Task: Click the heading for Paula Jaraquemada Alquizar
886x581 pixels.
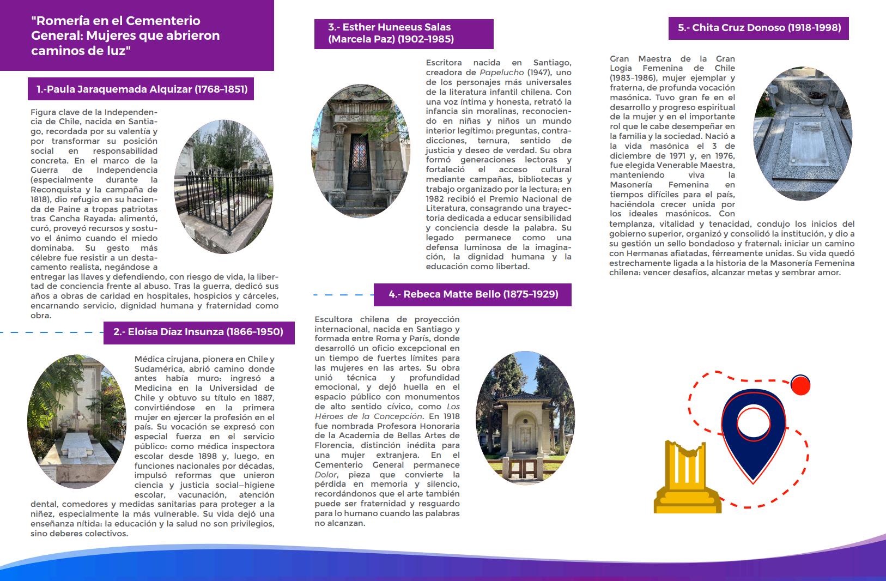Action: pyautogui.click(x=141, y=89)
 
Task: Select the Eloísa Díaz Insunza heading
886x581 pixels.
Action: pyautogui.click(x=199, y=332)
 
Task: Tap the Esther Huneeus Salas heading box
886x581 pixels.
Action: pyautogui.click(x=403, y=33)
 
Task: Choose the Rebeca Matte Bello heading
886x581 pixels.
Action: pyautogui.click(x=473, y=294)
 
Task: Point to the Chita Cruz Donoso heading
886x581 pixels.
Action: pyautogui.click(x=758, y=28)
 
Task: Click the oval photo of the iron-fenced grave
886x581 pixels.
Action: pyautogui.click(x=223, y=186)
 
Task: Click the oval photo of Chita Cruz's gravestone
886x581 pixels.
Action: pyautogui.click(x=801, y=134)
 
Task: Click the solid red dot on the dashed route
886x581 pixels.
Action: pyautogui.click(x=800, y=385)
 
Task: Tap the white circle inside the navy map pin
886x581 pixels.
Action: pyautogui.click(x=753, y=423)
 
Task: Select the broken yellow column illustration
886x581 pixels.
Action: pyautogui.click(x=687, y=476)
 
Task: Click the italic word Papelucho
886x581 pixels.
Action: pyautogui.click(x=501, y=72)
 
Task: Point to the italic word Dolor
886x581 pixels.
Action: pyautogui.click(x=326, y=475)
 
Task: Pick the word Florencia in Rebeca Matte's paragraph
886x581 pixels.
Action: pyautogui.click(x=332, y=445)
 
